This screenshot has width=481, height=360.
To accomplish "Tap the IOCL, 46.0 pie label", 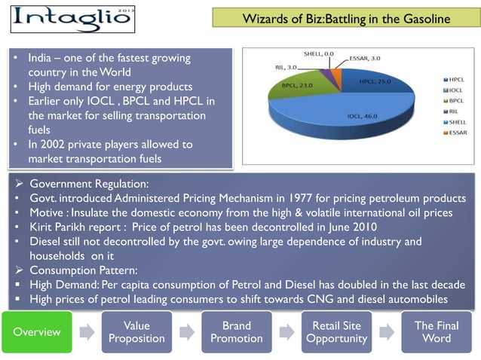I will [361, 117].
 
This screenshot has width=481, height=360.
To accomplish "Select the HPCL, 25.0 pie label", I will [374, 81].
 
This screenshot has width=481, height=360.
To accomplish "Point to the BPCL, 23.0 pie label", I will [296, 86].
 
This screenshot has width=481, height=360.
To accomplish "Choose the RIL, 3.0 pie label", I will [286, 67].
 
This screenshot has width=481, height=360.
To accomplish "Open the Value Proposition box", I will [136, 331].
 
